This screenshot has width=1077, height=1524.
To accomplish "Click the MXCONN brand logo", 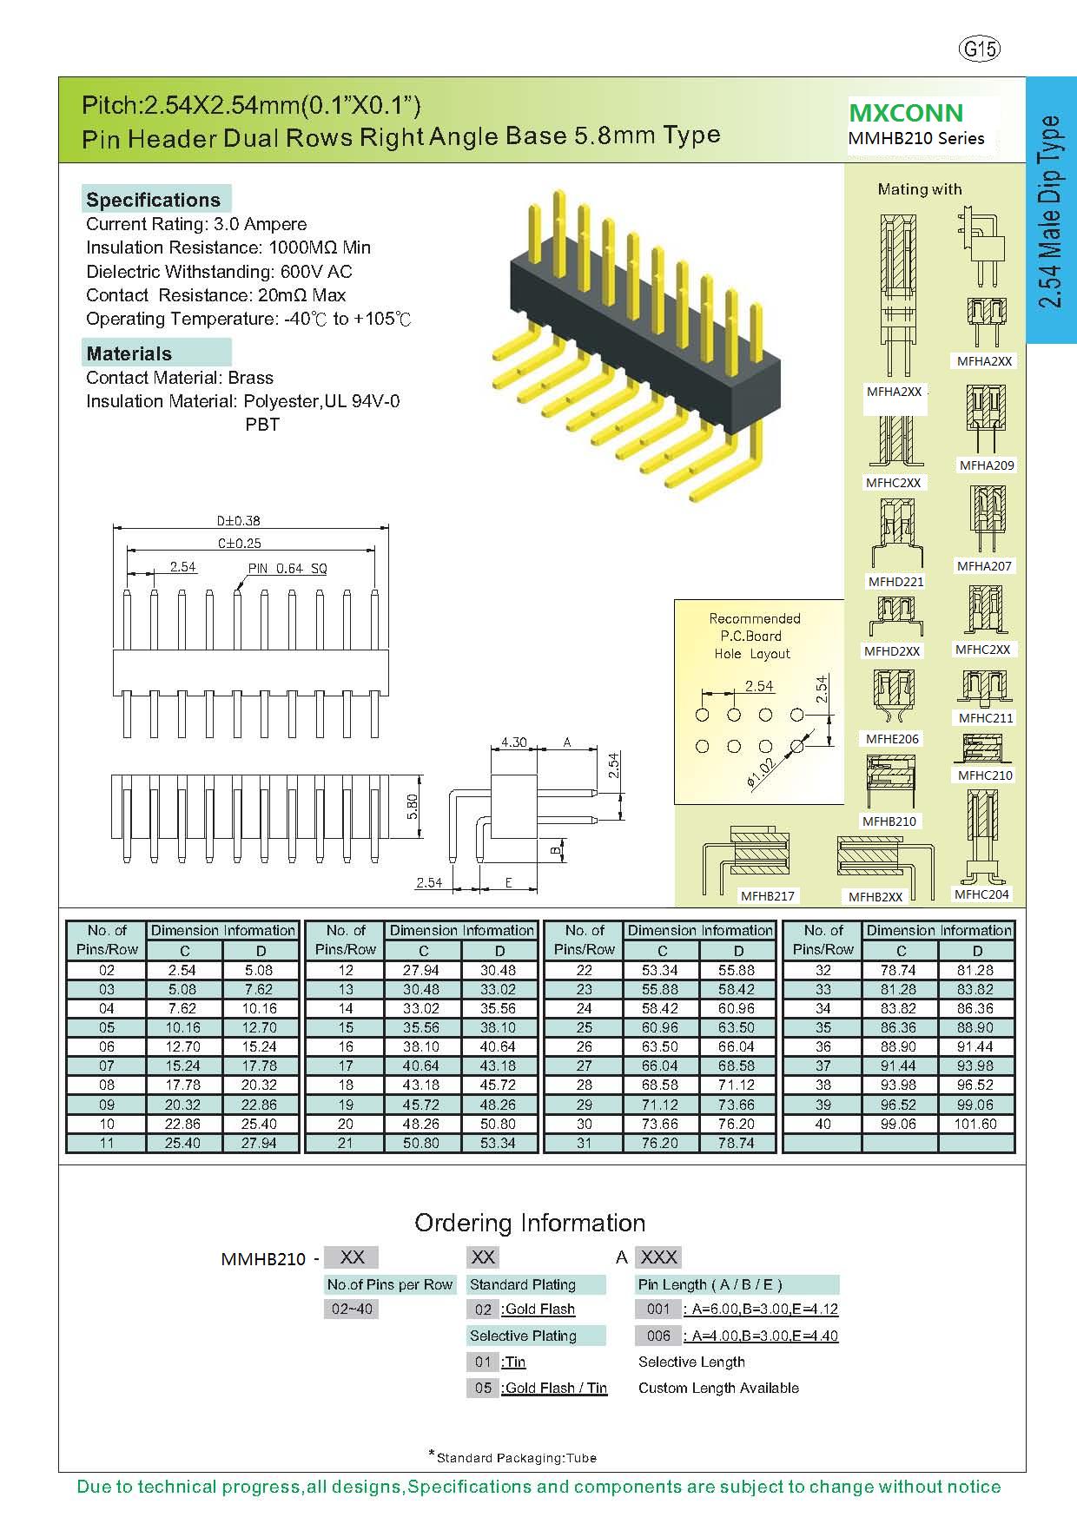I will point(906,113).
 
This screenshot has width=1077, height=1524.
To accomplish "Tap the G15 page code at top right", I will point(980,49).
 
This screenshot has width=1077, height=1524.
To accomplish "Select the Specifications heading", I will point(154,200).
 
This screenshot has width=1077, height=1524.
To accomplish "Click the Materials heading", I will point(129,353).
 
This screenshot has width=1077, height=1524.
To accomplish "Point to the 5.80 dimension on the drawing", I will point(413,807).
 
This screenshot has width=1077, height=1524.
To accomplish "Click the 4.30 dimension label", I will point(513,742).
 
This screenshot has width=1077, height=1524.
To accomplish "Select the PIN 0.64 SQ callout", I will point(287,569).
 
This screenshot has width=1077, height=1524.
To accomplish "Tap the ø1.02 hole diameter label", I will point(760,772).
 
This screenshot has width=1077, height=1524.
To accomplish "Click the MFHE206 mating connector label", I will point(892,739).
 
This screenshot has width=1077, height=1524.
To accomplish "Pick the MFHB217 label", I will point(767,895).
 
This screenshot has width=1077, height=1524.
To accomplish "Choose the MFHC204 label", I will point(981,894).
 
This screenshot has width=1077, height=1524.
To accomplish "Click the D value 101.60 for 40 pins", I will point(977,1124).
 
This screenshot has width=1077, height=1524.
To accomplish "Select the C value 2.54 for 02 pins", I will point(183,970).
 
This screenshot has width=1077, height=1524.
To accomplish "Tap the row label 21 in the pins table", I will point(346,1143).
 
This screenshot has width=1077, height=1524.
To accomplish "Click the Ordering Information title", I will point(530,1223).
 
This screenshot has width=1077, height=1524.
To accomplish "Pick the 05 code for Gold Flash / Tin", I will point(483,1388).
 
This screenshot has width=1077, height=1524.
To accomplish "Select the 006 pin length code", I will point(658,1336).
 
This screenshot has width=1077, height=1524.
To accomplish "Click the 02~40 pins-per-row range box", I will point(352,1309).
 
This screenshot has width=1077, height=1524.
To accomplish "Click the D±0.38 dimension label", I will point(239,521).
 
